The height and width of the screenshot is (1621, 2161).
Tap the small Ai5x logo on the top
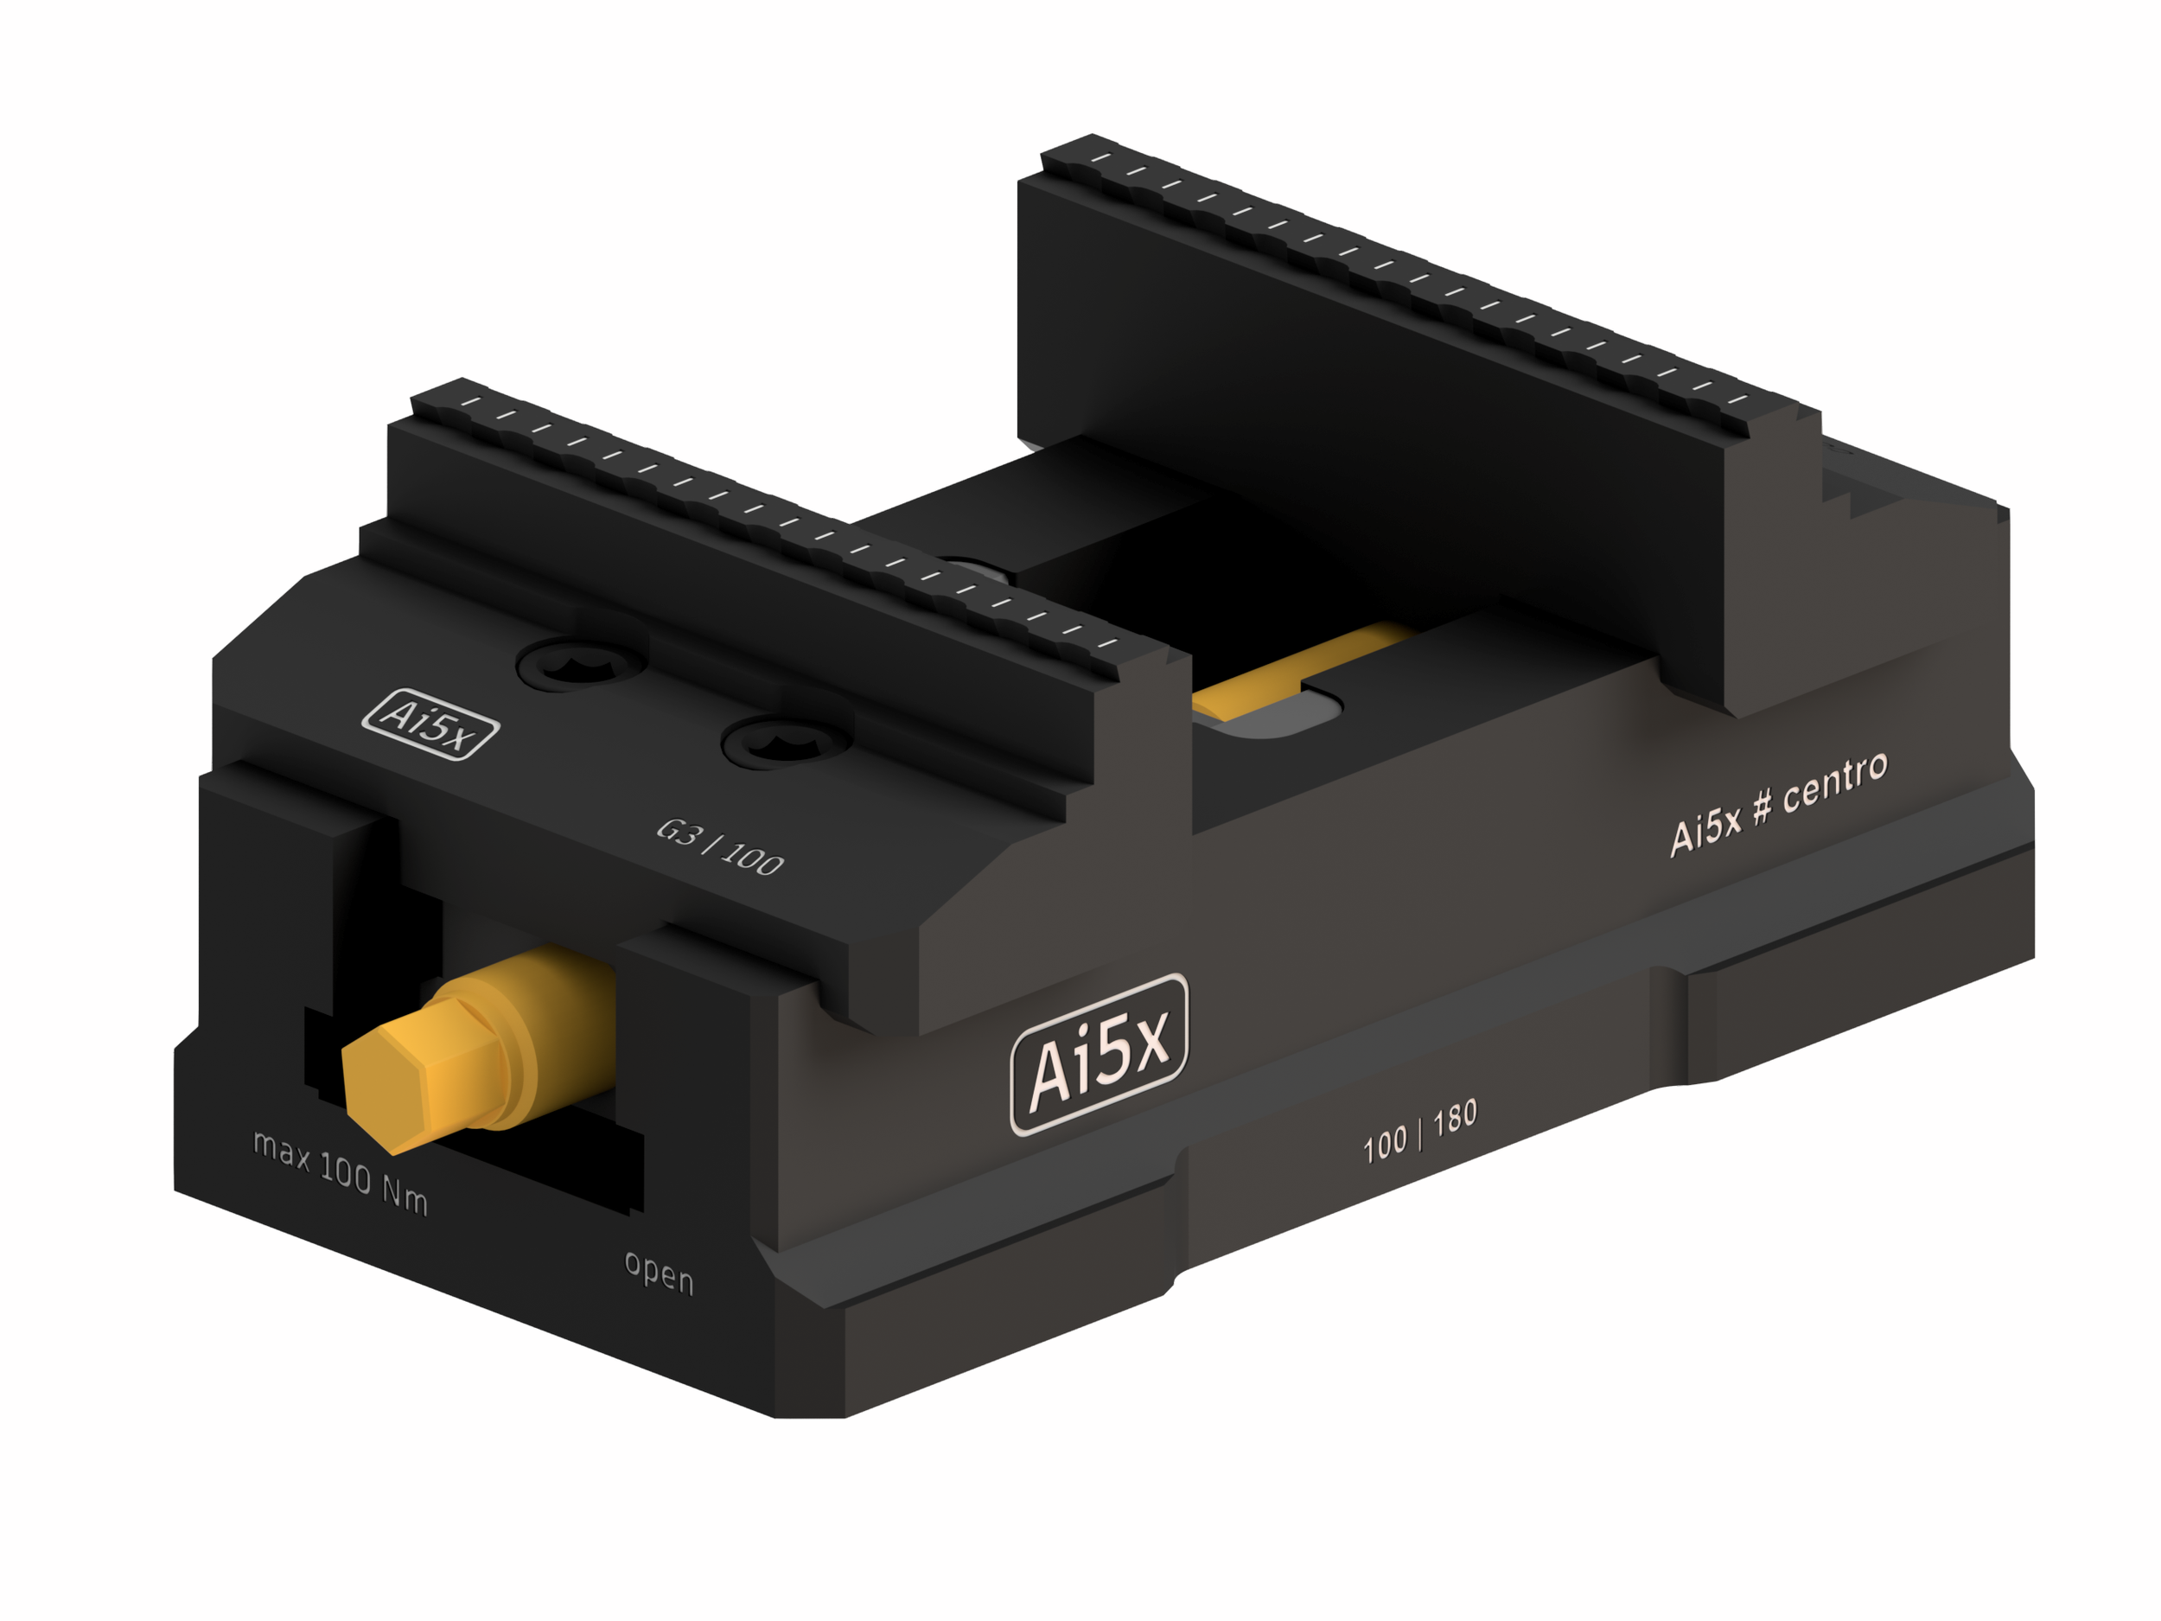point(430,724)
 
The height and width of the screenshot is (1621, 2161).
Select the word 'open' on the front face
point(660,1273)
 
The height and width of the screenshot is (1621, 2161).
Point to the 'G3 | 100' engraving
point(720,847)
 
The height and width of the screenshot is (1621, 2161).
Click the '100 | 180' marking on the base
point(1419,1131)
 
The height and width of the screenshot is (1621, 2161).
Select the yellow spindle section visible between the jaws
point(1299,674)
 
